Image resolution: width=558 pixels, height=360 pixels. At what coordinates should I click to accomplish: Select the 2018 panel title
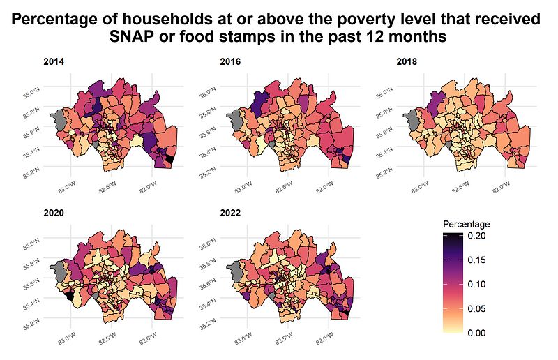(x=405, y=62)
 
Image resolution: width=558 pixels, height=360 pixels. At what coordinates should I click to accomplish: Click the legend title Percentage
(x=467, y=225)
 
